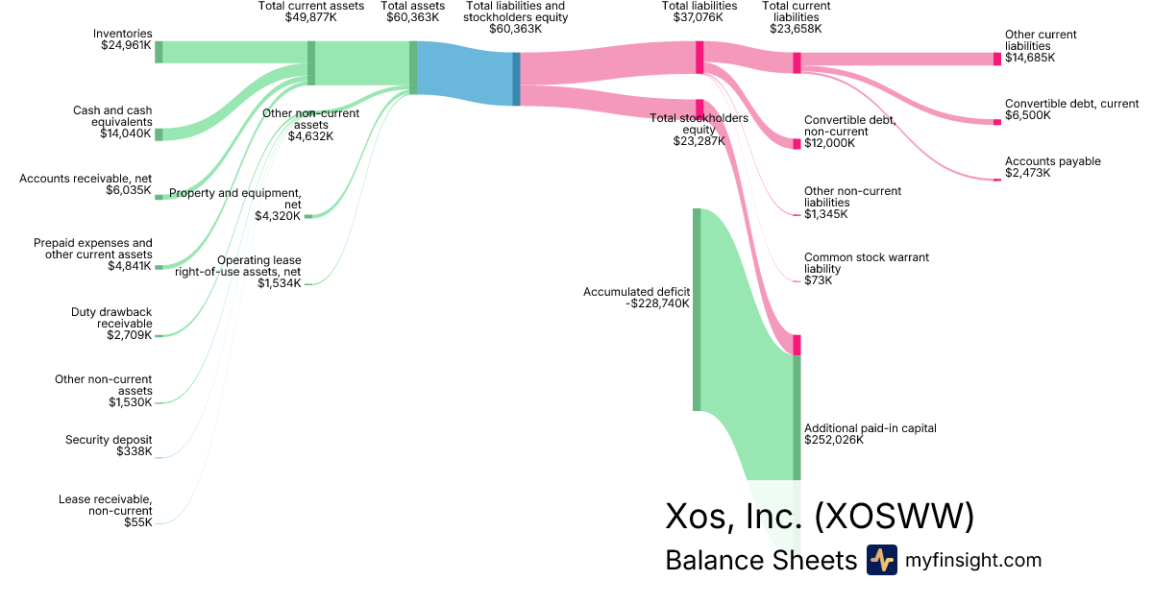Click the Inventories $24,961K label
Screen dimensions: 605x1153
[x=125, y=39]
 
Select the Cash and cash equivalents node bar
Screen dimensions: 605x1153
[x=159, y=134]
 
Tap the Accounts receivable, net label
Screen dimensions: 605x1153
[x=86, y=184]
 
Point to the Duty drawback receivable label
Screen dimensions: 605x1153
[x=111, y=324]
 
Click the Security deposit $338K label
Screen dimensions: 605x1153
[x=109, y=446]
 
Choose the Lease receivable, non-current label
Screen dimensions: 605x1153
[x=105, y=510]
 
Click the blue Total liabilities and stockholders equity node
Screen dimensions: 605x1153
[x=516, y=79]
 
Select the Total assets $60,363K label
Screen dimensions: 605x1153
[x=413, y=12]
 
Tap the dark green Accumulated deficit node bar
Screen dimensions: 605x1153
[x=698, y=309]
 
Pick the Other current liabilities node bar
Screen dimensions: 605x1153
[x=996, y=59]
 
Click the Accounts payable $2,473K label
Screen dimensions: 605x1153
[x=1052, y=167]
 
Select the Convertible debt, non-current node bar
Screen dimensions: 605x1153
[x=797, y=143]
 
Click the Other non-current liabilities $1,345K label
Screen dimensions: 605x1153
[x=852, y=202]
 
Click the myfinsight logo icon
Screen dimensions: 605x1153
[x=881, y=560]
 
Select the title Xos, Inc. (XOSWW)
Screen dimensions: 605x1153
[x=820, y=517]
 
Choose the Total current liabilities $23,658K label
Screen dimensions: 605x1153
[x=797, y=17]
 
